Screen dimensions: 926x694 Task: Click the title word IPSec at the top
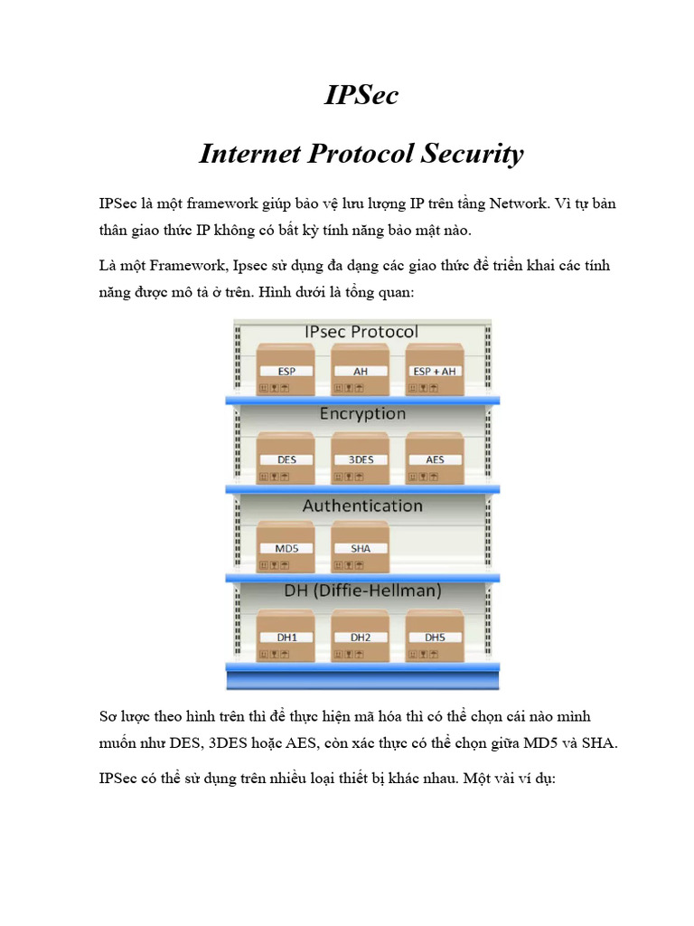tap(361, 95)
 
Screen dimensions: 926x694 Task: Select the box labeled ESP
tap(286, 370)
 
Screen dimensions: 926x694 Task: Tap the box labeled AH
tap(361, 370)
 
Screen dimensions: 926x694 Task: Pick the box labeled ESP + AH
tap(436, 370)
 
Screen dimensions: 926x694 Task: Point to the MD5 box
tap(286, 547)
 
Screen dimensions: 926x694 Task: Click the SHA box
tap(361, 547)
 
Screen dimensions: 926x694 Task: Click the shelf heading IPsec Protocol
tap(361, 331)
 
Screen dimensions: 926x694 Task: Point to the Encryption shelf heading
tap(362, 413)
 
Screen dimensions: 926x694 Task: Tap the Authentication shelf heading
tap(362, 506)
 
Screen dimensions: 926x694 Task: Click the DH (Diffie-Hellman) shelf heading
tap(362, 591)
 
